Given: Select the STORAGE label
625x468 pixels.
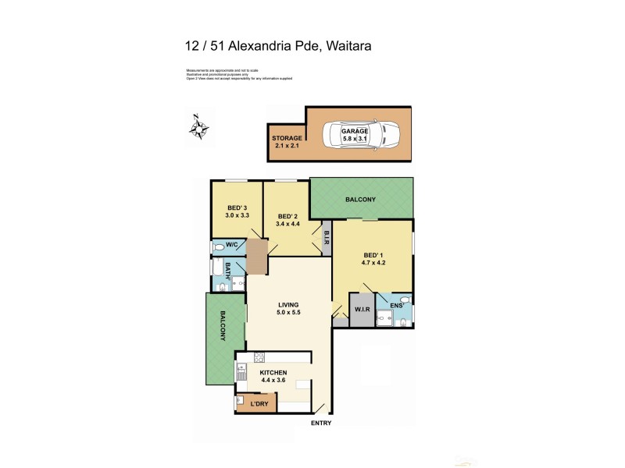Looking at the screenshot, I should (287, 138).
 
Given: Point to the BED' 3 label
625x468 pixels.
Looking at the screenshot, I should (237, 207).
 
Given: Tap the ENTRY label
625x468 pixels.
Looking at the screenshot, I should (321, 424).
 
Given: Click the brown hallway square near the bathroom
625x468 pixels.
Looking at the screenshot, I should (257, 257).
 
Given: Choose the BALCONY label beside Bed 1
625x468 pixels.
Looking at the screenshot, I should (360, 200).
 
